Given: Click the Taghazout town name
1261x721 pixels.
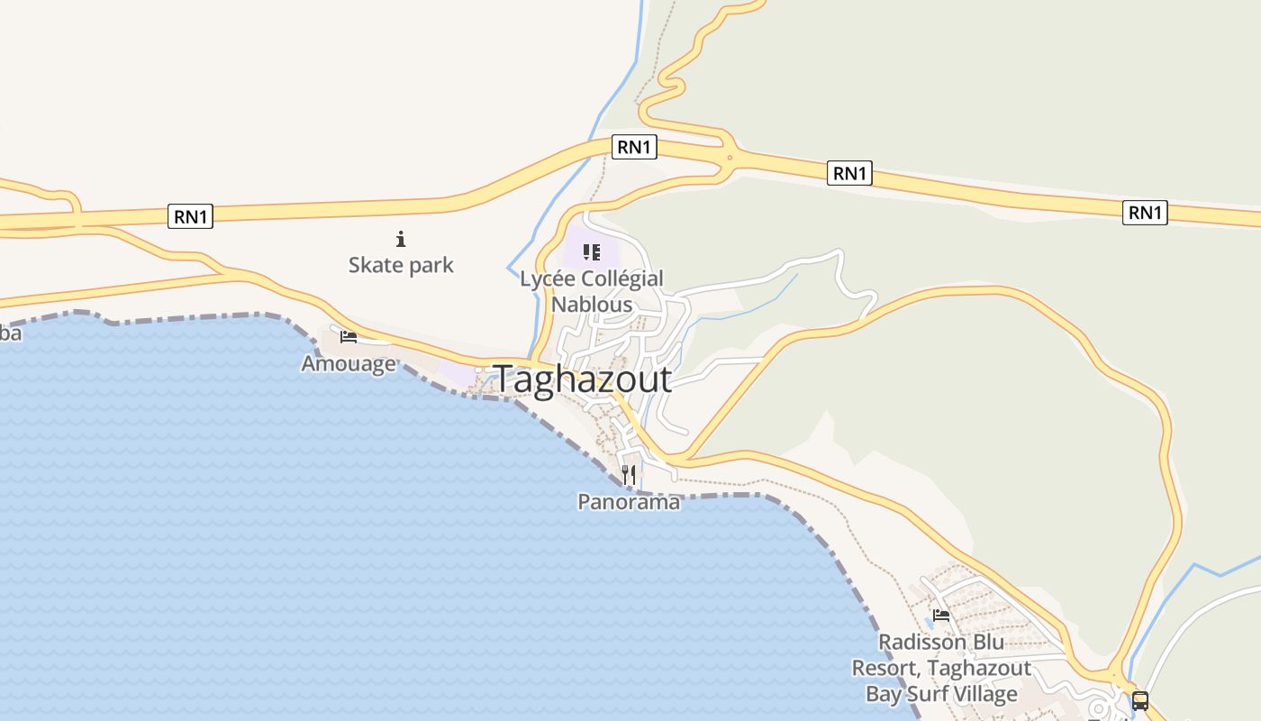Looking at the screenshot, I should click(x=583, y=379).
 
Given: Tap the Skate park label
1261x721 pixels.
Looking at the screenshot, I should click(x=401, y=265).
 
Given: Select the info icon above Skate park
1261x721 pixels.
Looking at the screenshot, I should click(x=401, y=239).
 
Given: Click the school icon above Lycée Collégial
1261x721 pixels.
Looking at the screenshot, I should click(x=591, y=252).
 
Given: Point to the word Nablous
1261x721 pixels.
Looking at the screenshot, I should click(x=592, y=304).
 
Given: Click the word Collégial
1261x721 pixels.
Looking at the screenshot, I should click(x=621, y=279).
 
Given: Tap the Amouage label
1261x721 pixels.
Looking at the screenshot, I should click(x=349, y=364).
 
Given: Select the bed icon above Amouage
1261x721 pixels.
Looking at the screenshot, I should click(x=349, y=337).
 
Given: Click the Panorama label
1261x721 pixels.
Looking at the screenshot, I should click(x=629, y=502).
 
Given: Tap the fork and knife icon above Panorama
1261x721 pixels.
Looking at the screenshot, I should click(x=629, y=475).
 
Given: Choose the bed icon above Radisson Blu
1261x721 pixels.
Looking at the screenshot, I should click(x=941, y=616).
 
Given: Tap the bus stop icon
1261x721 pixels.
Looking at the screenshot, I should click(x=1140, y=700).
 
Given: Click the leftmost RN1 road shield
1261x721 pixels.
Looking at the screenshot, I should click(x=190, y=216).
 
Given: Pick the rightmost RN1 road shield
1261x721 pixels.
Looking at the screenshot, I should click(x=1145, y=213).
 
